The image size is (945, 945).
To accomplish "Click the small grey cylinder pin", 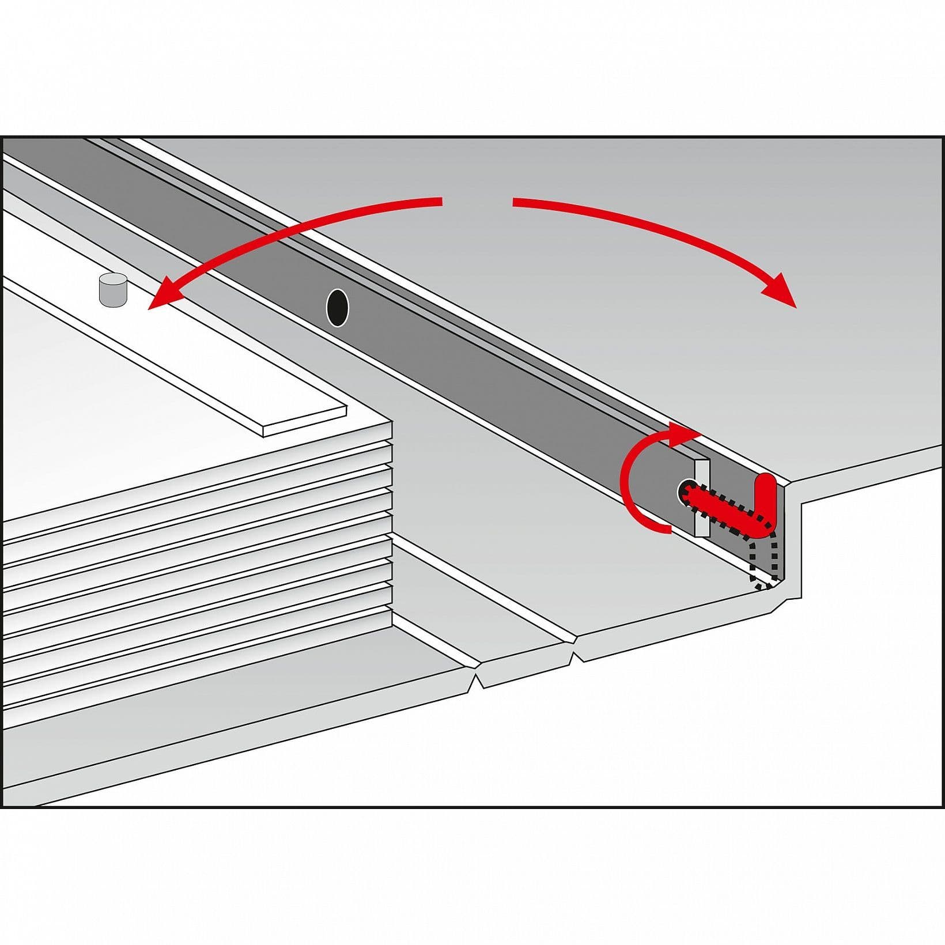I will coord(112,289).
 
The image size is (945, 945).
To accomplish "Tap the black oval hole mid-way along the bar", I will coord(337,308).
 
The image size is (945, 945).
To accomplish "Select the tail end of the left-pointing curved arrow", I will coord(438,202).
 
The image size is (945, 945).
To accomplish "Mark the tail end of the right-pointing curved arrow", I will coord(516,202).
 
